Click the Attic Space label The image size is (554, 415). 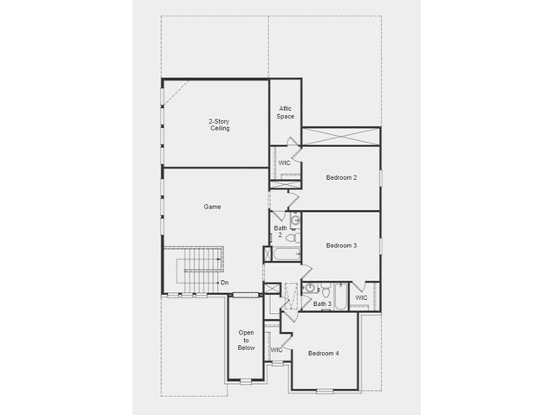pos(285,112)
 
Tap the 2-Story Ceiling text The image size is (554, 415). pos(219,124)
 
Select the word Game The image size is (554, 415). pos(212,207)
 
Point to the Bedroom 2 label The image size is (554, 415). pos(341,177)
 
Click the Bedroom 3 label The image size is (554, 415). pos(341,246)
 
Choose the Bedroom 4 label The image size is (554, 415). pos(323,354)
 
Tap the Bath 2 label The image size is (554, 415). pos(280,232)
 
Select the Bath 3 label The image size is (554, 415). pos(322,303)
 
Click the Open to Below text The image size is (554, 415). pos(246,340)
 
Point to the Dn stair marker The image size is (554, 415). pos(224,283)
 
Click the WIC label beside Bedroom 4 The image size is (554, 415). pos(276,350)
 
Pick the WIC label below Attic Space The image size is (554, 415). pos(285,163)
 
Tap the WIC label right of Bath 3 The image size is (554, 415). pos(361,297)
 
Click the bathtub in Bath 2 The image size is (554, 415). pos(287,254)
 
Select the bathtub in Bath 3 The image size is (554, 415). pos(341,297)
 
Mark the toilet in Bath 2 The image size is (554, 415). pos(292,238)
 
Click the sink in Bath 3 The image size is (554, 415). pos(310,288)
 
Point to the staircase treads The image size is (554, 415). pos(200,271)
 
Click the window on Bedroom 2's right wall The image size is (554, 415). pos(381,178)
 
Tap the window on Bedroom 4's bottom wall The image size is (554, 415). pos(325,391)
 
